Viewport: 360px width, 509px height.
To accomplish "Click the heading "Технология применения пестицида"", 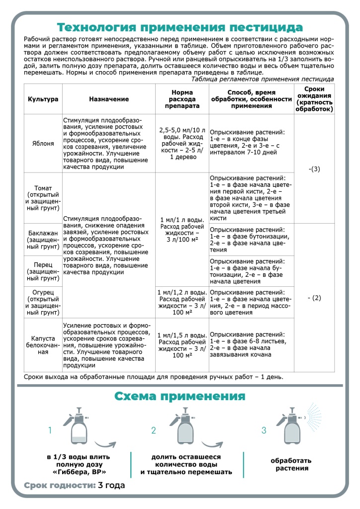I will (x=180, y=26).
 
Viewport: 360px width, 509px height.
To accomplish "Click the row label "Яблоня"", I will (x=43, y=143).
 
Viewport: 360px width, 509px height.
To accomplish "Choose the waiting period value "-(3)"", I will (x=314, y=169).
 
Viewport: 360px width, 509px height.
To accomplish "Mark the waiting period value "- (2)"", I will (x=314, y=298).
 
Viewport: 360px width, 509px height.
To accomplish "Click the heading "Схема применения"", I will (x=180, y=396).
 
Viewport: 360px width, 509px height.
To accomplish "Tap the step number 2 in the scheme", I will (x=154, y=430).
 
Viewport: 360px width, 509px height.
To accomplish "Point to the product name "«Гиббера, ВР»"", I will (x=79, y=472).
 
